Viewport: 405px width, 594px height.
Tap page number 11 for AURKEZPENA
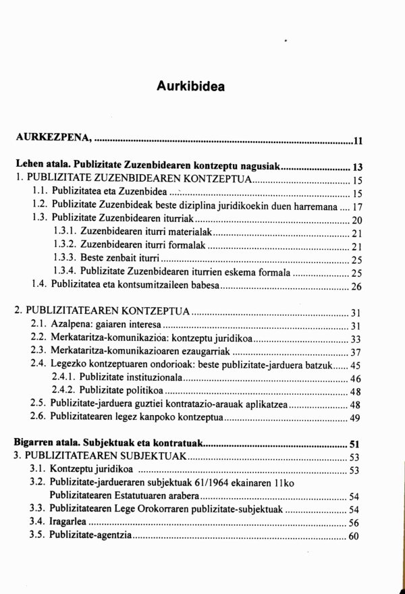pyautogui.click(x=358, y=140)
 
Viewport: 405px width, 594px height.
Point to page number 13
pyautogui.click(x=358, y=167)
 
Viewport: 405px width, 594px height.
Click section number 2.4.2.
pyautogui.click(x=65, y=391)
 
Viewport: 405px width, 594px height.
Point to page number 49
pyautogui.click(x=357, y=418)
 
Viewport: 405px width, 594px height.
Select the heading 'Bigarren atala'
pyautogui.click(x=47, y=444)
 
